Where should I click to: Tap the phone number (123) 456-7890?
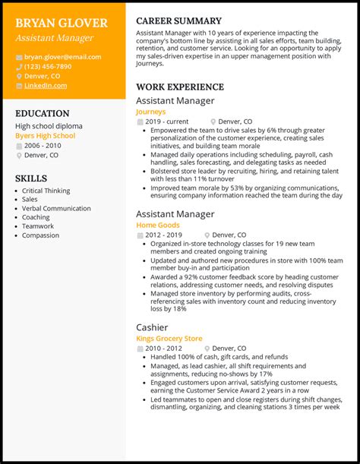[47, 67]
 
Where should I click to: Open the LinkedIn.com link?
[45, 86]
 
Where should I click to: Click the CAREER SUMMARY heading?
[178, 21]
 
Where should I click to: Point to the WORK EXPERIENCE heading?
[180, 87]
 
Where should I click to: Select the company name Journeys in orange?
[150, 112]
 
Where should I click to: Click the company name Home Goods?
[157, 226]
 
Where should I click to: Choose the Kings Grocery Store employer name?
[169, 338]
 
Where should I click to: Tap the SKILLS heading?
[30, 178]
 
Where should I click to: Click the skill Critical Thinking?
[46, 191]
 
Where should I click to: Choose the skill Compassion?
[40, 235]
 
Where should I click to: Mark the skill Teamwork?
[38, 226]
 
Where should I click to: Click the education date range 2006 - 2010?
[43, 145]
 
